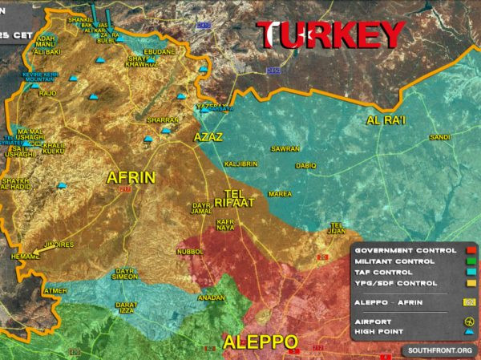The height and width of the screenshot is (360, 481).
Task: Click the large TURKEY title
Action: (331, 36)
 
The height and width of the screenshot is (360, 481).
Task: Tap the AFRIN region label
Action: (131, 176)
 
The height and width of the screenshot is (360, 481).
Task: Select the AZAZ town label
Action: (208, 138)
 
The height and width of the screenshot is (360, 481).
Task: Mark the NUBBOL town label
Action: (191, 251)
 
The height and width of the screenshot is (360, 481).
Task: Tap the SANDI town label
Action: (439, 137)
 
